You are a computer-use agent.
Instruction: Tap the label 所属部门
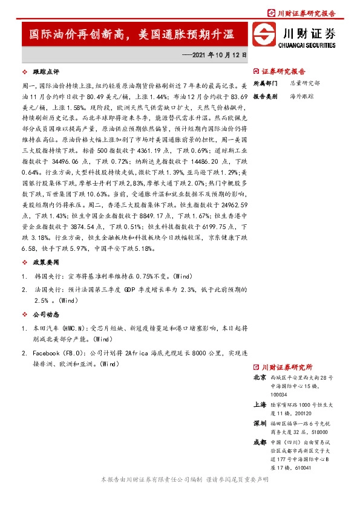(x=264, y=83)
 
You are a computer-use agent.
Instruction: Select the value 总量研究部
(x=303, y=83)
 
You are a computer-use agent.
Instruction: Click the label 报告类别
(x=264, y=96)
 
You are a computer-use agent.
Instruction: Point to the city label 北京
(x=258, y=377)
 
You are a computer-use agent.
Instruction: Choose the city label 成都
(x=258, y=443)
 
